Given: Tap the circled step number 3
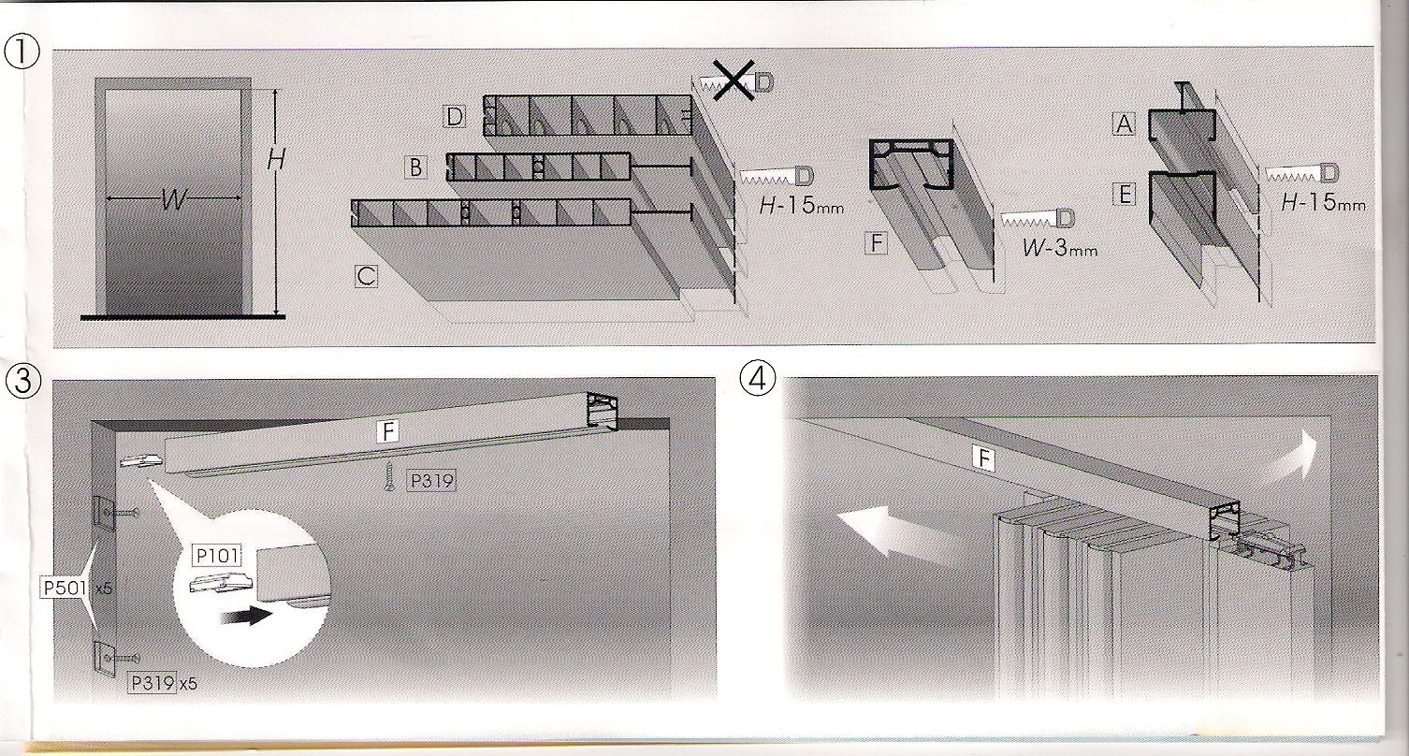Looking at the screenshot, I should [x=22, y=381].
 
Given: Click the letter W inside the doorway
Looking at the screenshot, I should [x=171, y=198].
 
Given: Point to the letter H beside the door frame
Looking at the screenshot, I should [x=275, y=161].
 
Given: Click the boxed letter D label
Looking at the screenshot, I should [x=455, y=117].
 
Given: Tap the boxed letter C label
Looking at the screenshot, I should [x=365, y=276].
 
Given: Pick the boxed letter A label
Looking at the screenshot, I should [x=1123, y=124].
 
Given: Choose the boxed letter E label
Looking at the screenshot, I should [x=1123, y=195].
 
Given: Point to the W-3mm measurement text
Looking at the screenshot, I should [x=1059, y=250].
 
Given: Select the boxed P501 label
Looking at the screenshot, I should [x=64, y=589].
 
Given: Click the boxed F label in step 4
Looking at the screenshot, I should [x=982, y=458].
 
